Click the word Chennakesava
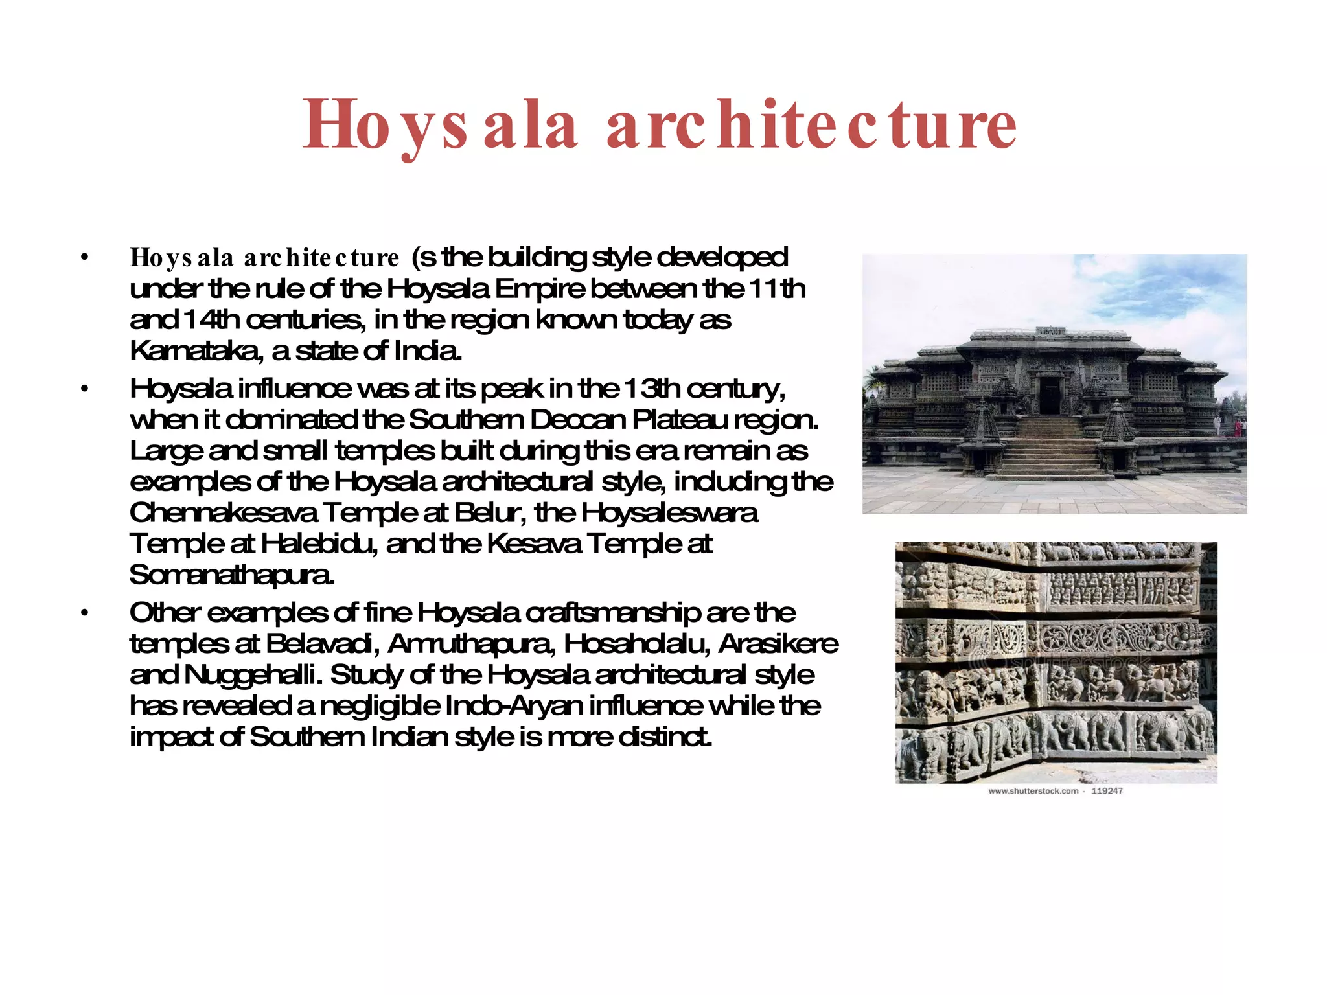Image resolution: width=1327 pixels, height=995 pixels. (224, 513)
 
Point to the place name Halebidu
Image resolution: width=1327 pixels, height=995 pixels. (317, 544)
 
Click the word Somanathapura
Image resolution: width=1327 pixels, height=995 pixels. (232, 575)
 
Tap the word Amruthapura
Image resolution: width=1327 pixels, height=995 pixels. (472, 644)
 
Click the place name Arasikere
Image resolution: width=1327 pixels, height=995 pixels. (778, 644)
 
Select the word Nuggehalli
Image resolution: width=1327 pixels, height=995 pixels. (253, 675)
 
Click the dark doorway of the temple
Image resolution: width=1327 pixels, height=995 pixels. (1049, 395)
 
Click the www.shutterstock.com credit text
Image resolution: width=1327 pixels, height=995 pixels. (1033, 791)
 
